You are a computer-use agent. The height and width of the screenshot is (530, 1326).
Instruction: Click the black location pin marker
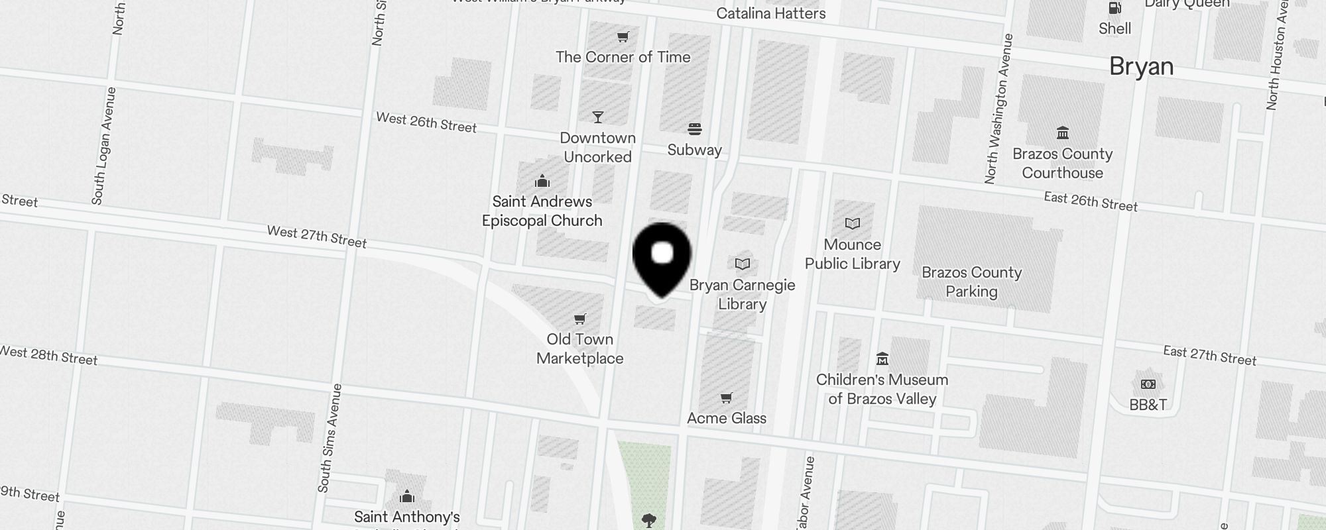pyautogui.click(x=662, y=258)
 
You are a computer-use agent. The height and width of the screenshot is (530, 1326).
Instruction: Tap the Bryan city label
pyautogui.click(x=1141, y=67)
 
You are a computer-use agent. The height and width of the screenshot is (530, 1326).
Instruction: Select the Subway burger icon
pyautogui.click(x=694, y=129)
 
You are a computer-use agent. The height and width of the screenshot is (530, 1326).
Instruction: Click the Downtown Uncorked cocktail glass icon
pyautogui.click(x=597, y=117)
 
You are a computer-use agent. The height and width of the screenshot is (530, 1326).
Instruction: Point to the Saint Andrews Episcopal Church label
pyautogui.click(x=542, y=211)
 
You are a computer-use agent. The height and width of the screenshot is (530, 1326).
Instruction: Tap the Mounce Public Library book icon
pyautogui.click(x=852, y=224)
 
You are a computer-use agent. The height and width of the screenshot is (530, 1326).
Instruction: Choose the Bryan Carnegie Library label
pyautogui.click(x=742, y=294)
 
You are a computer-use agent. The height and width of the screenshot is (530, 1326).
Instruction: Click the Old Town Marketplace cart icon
pyautogui.click(x=579, y=319)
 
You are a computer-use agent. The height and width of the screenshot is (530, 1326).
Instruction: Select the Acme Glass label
pyautogui.click(x=726, y=418)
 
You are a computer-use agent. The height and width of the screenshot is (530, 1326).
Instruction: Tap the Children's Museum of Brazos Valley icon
pyautogui.click(x=882, y=359)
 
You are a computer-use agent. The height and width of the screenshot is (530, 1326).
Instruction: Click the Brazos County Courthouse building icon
pyautogui.click(x=1062, y=133)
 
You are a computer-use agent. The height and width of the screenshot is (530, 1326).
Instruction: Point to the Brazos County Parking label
pyautogui.click(x=971, y=282)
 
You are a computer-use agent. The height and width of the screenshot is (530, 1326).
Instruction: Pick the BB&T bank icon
pyautogui.click(x=1148, y=384)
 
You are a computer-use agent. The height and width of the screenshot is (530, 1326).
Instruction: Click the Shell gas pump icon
pyautogui.click(x=1115, y=8)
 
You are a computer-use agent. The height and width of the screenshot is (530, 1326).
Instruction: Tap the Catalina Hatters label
pyautogui.click(x=770, y=13)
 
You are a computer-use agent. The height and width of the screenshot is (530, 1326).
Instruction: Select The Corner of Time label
pyautogui.click(x=623, y=57)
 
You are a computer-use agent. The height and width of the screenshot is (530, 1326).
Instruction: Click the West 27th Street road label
pyautogui.click(x=316, y=237)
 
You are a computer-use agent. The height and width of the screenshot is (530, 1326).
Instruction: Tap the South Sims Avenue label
pyautogui.click(x=330, y=438)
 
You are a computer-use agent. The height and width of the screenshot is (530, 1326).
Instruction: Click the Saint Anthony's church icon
pyautogui.click(x=406, y=497)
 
